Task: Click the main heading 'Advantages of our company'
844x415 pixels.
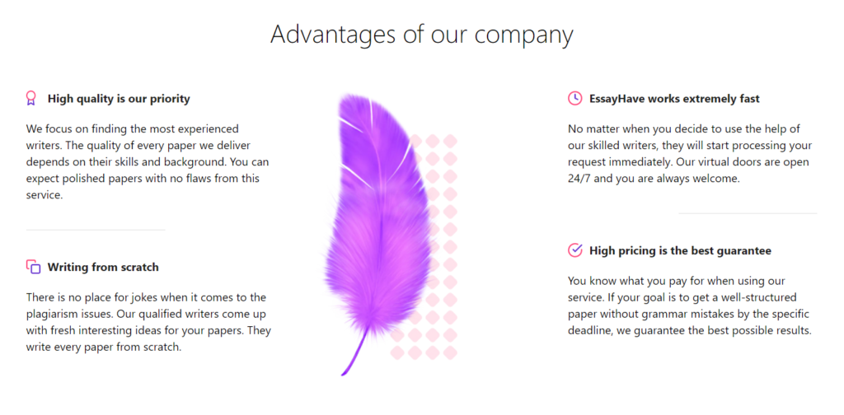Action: pyautogui.click(x=421, y=35)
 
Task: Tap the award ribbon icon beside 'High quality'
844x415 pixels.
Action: pyautogui.click(x=31, y=98)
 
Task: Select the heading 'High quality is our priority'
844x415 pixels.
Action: pyautogui.click(x=119, y=99)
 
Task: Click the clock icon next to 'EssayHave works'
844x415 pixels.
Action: pyautogui.click(x=574, y=98)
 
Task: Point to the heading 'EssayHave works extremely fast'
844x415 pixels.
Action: pyautogui.click(x=674, y=99)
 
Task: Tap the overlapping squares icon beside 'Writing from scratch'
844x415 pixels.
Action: pyautogui.click(x=33, y=267)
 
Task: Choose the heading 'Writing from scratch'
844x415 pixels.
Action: pyautogui.click(x=103, y=267)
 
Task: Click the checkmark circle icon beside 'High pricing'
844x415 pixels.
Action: pyautogui.click(x=574, y=250)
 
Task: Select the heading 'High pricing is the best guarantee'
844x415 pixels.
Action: pyautogui.click(x=680, y=250)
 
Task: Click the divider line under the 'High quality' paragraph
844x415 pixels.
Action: pyautogui.click(x=96, y=230)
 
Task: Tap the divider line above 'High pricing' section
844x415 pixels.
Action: pyautogui.click(x=748, y=213)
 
